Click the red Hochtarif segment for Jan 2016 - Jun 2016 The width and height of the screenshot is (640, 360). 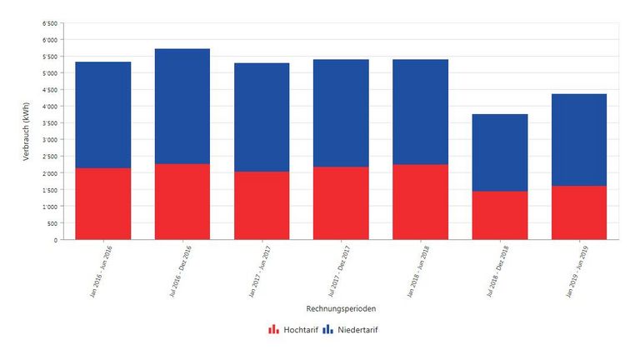coord(102,203)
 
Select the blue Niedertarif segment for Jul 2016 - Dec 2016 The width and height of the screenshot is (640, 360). coord(182,106)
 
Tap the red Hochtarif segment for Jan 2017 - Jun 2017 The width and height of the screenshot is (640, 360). coord(262,205)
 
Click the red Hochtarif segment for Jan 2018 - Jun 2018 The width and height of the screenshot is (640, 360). coord(420,202)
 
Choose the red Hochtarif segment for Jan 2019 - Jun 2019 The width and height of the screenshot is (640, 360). coord(578,212)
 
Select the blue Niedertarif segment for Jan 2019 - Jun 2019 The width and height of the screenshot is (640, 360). coord(578,139)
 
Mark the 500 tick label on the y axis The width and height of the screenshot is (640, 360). coord(52,223)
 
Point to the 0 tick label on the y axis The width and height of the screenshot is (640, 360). coord(56,240)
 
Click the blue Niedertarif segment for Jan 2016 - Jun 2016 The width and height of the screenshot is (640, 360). coord(102,115)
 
